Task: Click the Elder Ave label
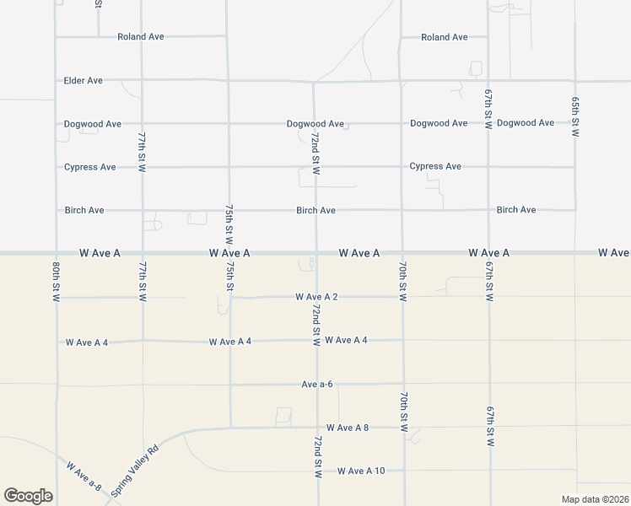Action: [83, 81]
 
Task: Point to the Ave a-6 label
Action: [317, 385]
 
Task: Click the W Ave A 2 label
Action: [316, 297]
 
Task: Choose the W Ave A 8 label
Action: [348, 428]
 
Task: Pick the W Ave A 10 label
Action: [361, 471]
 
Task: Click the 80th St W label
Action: [56, 281]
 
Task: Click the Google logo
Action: [28, 496]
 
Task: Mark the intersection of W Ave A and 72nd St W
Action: [316, 252]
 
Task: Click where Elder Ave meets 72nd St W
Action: [314, 82]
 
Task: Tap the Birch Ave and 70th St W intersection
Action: [402, 210]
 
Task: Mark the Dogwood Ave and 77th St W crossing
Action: [142, 123]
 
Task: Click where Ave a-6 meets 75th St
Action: [230, 385]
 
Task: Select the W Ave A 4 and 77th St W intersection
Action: [143, 341]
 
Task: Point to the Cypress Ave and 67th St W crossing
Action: [488, 167]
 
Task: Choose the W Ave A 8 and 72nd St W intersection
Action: [316, 428]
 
